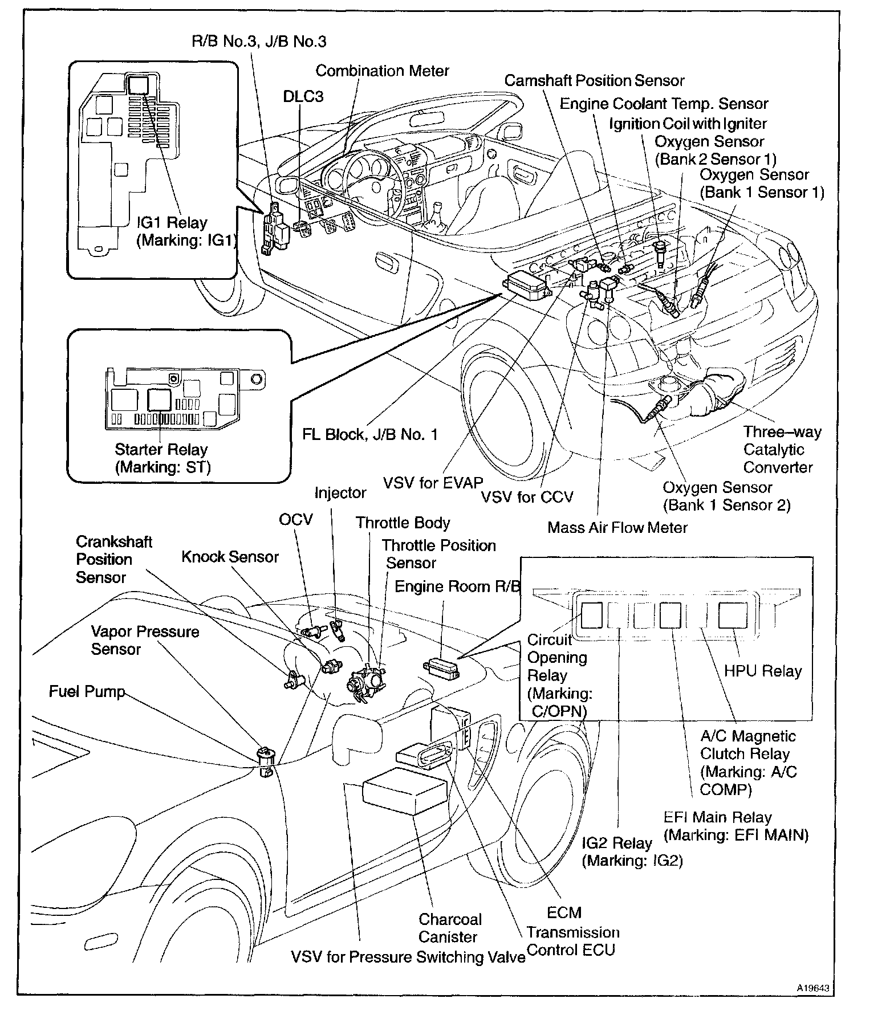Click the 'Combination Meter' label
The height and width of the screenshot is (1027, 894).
pos(382,71)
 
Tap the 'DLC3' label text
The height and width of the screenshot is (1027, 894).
pos(303,96)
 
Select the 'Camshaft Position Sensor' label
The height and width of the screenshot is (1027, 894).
pos(594,81)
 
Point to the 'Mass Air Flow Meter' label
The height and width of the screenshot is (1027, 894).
pos(617,527)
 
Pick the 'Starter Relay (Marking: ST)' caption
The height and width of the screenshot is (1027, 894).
pos(162,458)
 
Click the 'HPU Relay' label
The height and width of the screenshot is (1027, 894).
pos(763,671)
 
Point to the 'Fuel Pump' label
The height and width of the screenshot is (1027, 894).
pos(87,692)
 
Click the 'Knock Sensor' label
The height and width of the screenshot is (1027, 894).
pos(230,557)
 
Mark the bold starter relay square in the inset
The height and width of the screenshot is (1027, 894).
pos(159,400)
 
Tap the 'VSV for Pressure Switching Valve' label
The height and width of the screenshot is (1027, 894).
pos(408,957)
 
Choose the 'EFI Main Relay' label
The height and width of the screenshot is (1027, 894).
pos(735,826)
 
